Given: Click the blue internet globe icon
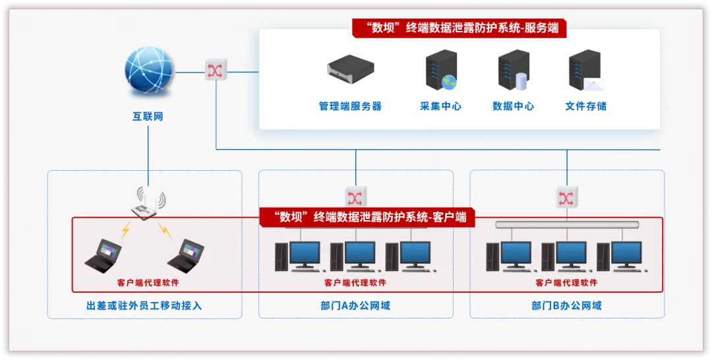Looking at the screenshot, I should tap(149, 72).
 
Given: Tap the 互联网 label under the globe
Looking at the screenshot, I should tap(148, 117).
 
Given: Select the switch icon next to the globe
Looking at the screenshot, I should tap(216, 71).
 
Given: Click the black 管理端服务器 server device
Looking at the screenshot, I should tap(350, 69).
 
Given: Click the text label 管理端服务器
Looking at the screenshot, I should tap(350, 106).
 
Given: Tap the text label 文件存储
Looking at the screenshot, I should tap(585, 106).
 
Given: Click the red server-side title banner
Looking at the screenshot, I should tap(458, 28).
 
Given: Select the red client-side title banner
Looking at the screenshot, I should tap(367, 216).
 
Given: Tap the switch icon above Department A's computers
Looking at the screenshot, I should tap(355, 197).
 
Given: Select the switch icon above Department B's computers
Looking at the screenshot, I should tap(566, 197).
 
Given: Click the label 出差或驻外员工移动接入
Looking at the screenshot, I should tap(144, 306).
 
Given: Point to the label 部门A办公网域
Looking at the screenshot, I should tap(355, 306).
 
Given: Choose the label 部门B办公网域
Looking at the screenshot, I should tap(566, 306).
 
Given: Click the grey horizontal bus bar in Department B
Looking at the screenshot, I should tap(566, 225).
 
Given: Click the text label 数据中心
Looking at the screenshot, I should tap(513, 106).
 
